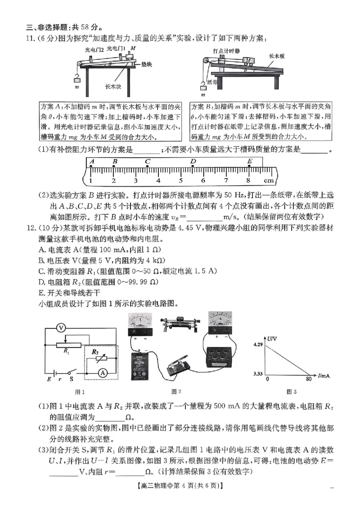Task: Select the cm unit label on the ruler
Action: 269,180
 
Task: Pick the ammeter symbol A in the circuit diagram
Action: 103,372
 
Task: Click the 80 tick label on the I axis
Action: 308,380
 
